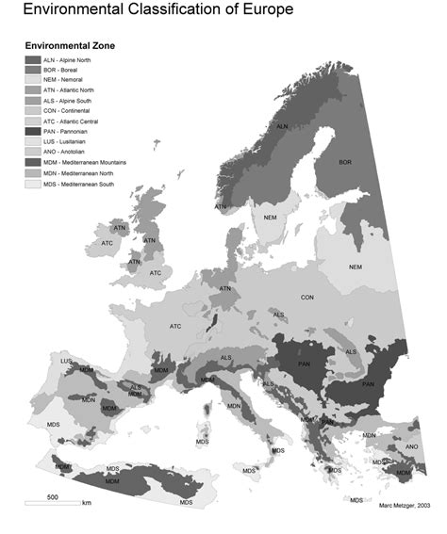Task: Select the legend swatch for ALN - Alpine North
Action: [x=33, y=58]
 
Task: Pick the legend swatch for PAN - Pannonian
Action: [x=33, y=132]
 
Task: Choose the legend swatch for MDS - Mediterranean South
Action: [x=33, y=184]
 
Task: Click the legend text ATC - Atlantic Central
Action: [x=73, y=121]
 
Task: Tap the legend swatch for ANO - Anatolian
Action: [x=33, y=153]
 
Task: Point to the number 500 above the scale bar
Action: [x=53, y=496]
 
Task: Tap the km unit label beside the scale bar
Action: [x=86, y=504]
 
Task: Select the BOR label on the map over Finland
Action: [x=344, y=162]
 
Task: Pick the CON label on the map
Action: [x=307, y=298]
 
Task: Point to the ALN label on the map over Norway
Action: [x=281, y=125]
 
